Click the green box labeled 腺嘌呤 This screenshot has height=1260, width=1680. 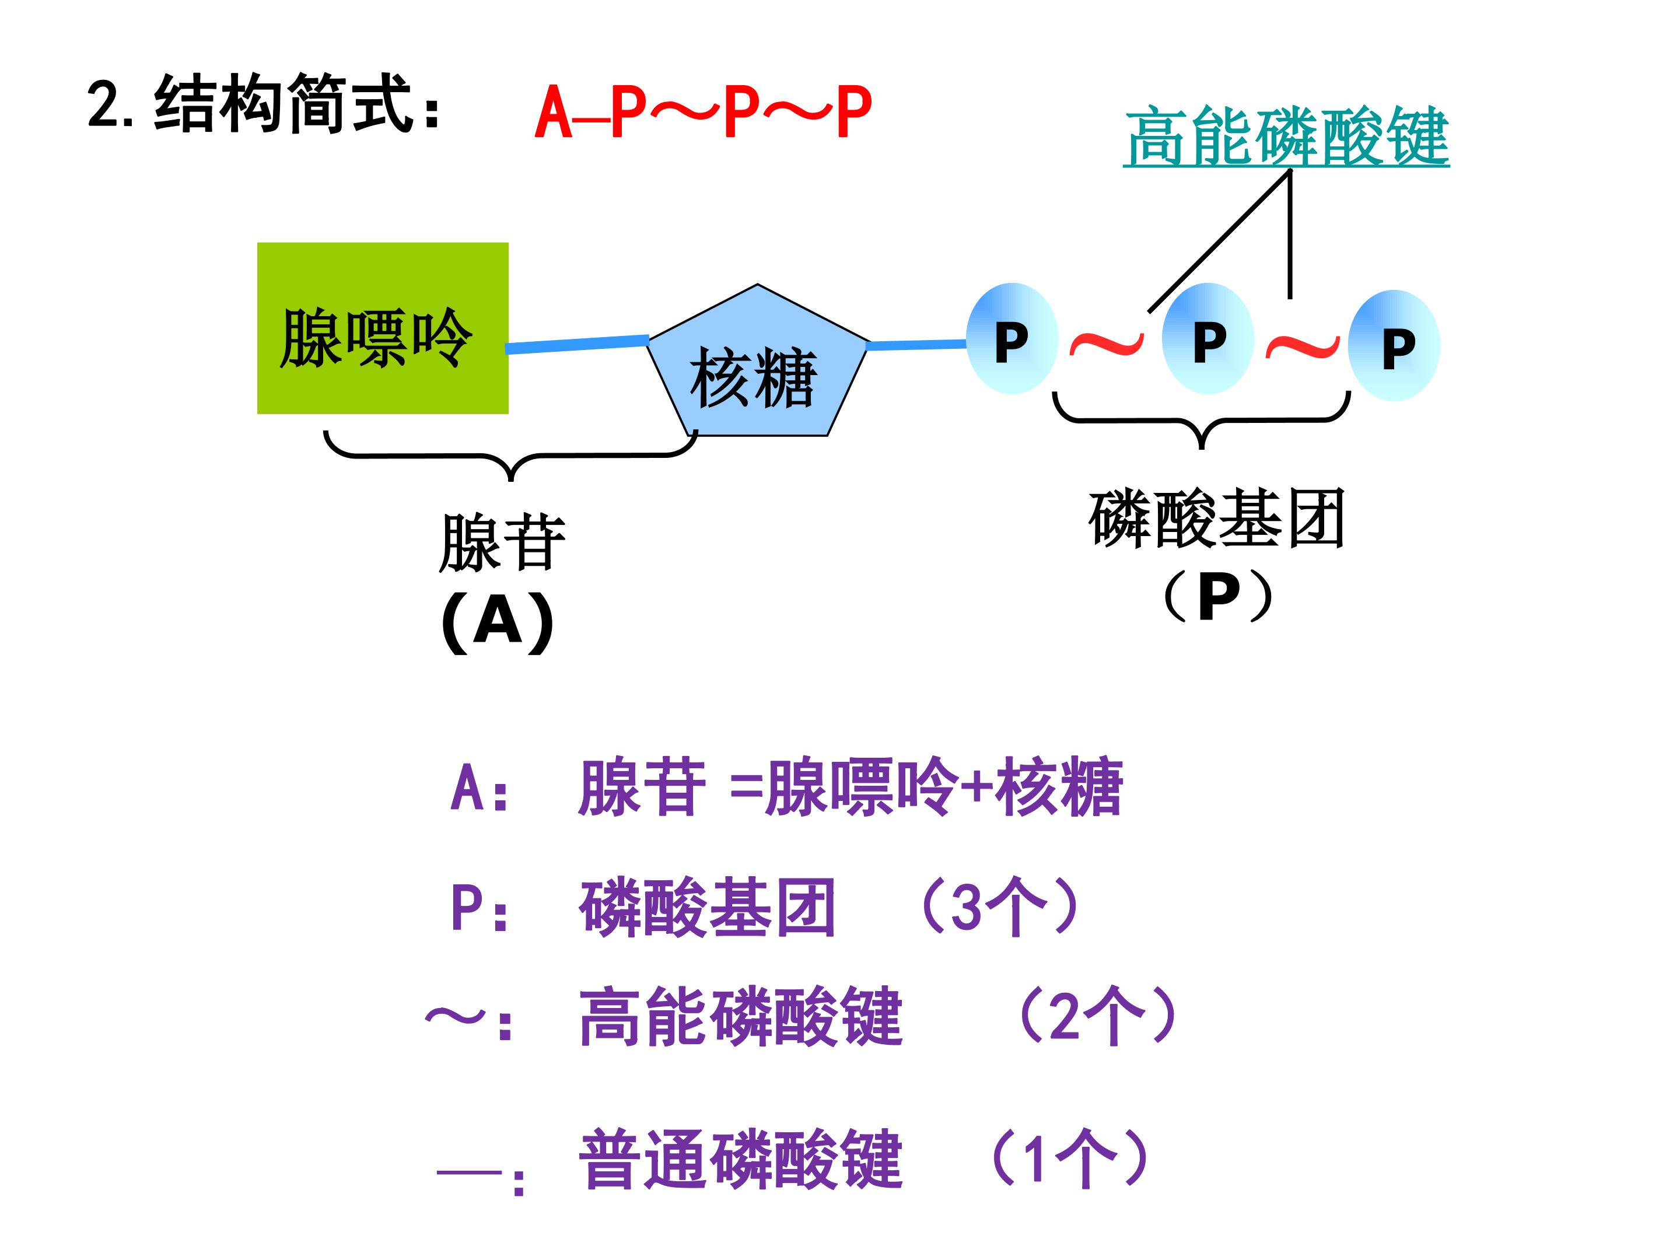[382, 328]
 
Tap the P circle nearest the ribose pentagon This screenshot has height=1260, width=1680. [1012, 339]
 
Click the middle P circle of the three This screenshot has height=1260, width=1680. [1207, 339]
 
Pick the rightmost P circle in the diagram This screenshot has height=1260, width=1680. [1394, 345]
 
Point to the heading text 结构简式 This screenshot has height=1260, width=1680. [281, 104]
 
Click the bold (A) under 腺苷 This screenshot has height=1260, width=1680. [498, 621]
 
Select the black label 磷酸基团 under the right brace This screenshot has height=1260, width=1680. [1217, 519]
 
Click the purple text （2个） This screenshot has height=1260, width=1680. [1097, 1016]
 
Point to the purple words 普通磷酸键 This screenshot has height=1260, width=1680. [740, 1160]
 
